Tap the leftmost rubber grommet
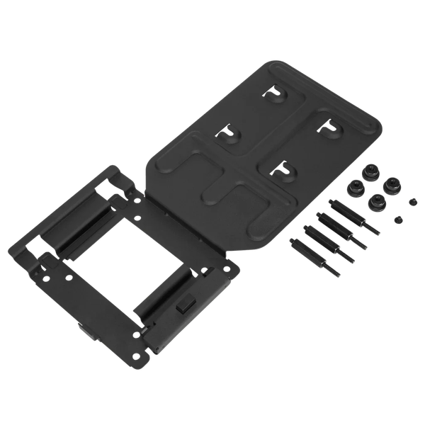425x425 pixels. [353, 188]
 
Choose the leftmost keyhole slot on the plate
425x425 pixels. [229, 134]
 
